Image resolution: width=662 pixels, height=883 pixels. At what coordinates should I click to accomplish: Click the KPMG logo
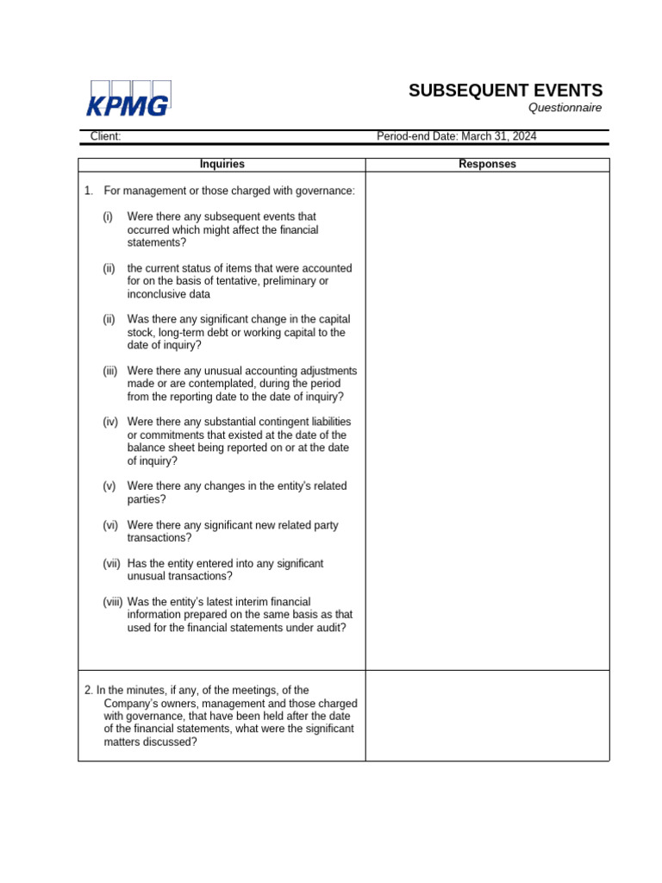pyautogui.click(x=128, y=99)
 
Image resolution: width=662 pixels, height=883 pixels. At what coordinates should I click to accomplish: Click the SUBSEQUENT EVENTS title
pyautogui.click(x=505, y=91)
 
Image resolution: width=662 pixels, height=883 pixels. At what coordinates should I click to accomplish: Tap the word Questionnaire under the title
pyautogui.click(x=565, y=108)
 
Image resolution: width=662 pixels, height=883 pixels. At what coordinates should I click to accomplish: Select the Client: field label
pyautogui.click(x=105, y=136)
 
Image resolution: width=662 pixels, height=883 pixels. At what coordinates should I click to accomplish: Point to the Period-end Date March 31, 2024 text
pyautogui.click(x=456, y=136)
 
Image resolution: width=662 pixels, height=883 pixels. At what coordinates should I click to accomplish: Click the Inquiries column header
pyautogui.click(x=222, y=164)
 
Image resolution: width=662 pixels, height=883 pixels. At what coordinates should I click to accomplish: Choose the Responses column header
pyautogui.click(x=487, y=164)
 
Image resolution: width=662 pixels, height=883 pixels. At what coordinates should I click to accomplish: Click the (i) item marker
pyautogui.click(x=108, y=216)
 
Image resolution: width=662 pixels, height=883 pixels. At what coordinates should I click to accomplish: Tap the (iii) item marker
pyautogui.click(x=109, y=371)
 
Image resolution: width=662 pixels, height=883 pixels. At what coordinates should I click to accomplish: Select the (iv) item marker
pyautogui.click(x=109, y=422)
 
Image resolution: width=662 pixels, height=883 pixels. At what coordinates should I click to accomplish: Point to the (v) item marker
pyautogui.click(x=109, y=486)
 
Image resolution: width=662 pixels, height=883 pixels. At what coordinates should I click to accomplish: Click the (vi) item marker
pyautogui.click(x=109, y=525)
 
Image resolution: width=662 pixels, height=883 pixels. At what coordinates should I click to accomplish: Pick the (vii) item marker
pyautogui.click(x=111, y=563)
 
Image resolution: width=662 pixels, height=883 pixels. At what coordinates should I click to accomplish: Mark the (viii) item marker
pyautogui.click(x=112, y=602)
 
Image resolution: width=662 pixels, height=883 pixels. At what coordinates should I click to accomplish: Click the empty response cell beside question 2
pyautogui.click(x=487, y=716)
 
